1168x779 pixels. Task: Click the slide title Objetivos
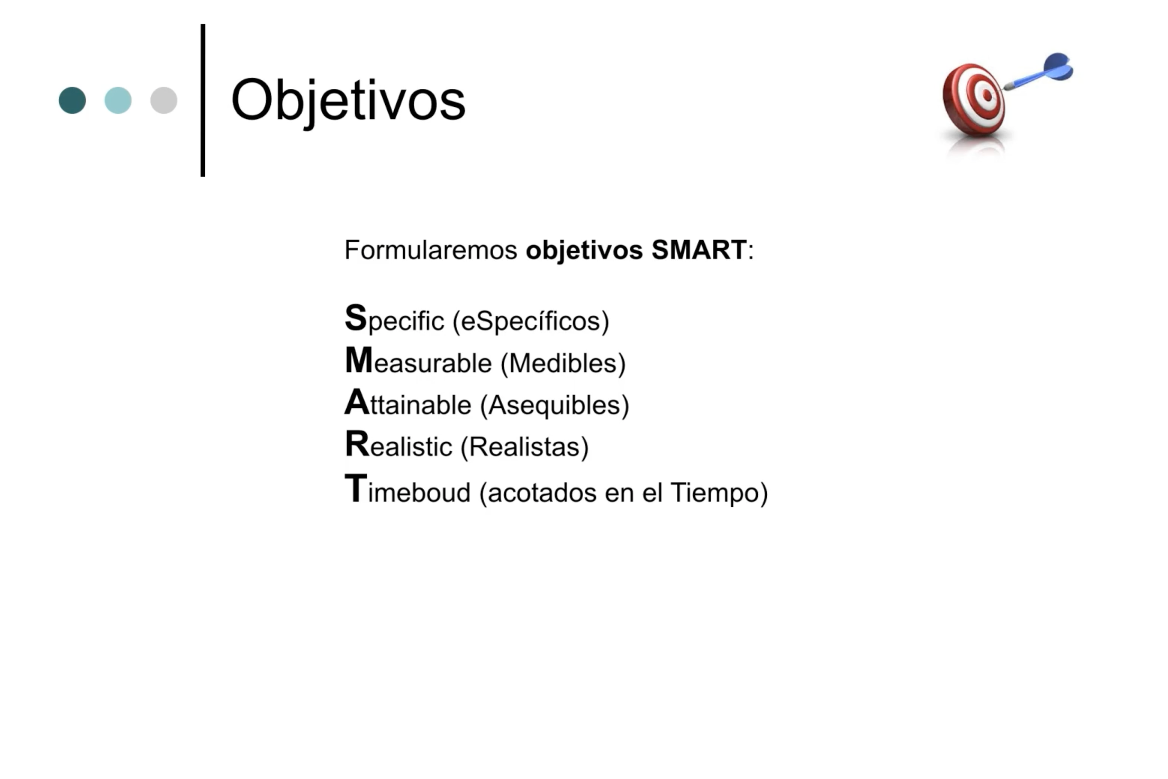pos(348,101)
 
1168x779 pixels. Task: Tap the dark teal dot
pos(72,100)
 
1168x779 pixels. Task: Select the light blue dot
pos(118,100)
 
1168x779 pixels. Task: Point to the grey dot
pos(164,100)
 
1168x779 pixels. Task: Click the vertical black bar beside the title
pos(203,100)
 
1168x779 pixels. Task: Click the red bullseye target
pos(974,99)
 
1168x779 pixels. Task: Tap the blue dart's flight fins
pos(1058,66)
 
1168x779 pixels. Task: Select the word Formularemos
pos(431,250)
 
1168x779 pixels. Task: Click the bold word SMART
pos(699,250)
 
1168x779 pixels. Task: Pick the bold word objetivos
pos(584,251)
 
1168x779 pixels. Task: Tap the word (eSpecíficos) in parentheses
pos(531,321)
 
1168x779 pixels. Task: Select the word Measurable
pos(418,361)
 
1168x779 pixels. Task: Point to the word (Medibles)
pos(563,363)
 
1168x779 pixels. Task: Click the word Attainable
pos(408,403)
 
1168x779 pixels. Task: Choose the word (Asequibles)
pos(555,405)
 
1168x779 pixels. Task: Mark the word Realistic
pos(399,445)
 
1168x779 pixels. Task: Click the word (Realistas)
pos(525,447)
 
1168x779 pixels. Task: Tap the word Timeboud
pos(408,489)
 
